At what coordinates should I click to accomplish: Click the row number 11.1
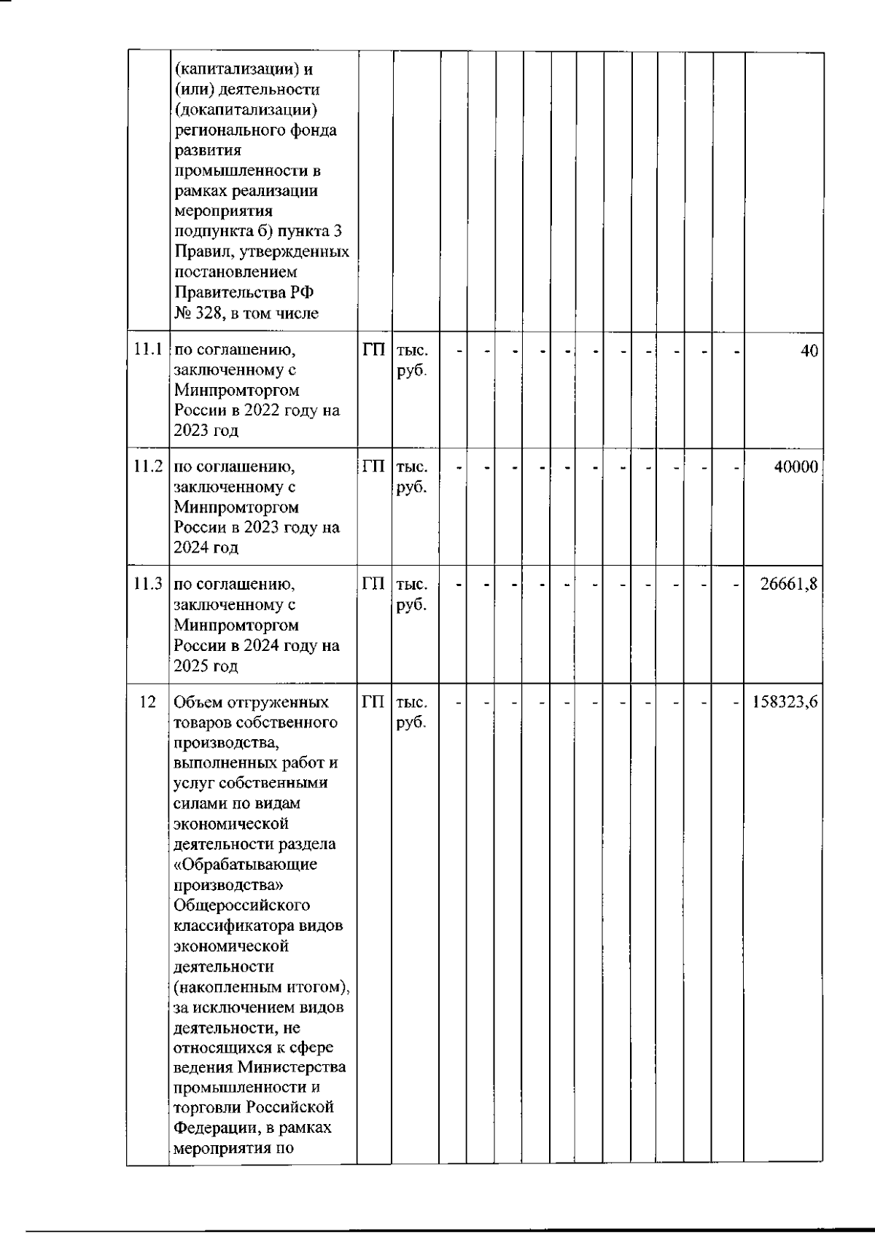148,349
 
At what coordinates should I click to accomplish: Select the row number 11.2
148,467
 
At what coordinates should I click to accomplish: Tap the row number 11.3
148,584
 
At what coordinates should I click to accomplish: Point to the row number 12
147,702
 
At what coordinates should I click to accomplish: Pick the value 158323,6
785,702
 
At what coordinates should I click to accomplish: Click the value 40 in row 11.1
809,350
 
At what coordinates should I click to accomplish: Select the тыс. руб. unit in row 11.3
412,594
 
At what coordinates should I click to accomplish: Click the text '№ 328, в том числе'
246,313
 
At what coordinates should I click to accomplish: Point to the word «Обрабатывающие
246,865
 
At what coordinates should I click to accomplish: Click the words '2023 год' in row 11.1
206,430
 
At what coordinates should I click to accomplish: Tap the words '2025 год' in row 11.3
206,666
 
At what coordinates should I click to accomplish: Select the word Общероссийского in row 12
242,905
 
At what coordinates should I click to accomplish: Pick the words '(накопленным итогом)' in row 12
261,987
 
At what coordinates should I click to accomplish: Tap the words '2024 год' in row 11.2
206,547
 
